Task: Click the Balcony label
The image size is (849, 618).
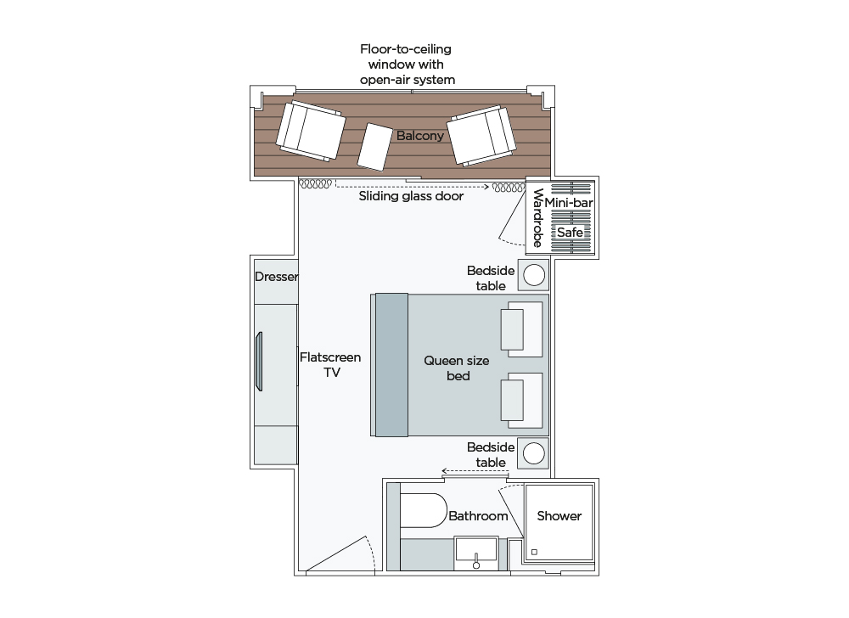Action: coord(419,136)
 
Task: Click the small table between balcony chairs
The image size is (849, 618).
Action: coord(374,147)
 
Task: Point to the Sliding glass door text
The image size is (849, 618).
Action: coord(411,196)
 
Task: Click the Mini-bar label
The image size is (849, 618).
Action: coord(570,204)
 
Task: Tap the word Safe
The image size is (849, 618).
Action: coord(570,232)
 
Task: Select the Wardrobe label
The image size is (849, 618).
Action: coord(537,218)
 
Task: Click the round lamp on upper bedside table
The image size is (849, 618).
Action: coord(534,275)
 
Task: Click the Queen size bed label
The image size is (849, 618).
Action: coord(457,368)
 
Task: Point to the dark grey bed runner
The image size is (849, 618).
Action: coord(391,364)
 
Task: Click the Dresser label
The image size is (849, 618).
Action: coord(274,277)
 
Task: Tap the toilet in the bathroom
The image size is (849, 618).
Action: coord(422,511)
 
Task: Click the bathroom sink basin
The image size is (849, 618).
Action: coord(476,550)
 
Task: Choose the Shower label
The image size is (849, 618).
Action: coord(559,516)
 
